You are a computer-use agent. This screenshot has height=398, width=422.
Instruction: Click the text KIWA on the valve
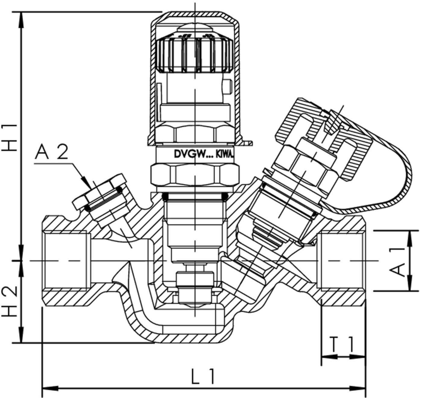tap(225, 155)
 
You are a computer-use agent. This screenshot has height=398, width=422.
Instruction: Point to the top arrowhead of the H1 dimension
tap(21, 20)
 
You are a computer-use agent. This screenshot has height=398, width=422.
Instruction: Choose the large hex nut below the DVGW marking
tap(195, 175)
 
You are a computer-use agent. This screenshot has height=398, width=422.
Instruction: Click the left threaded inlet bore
tap(66, 261)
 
